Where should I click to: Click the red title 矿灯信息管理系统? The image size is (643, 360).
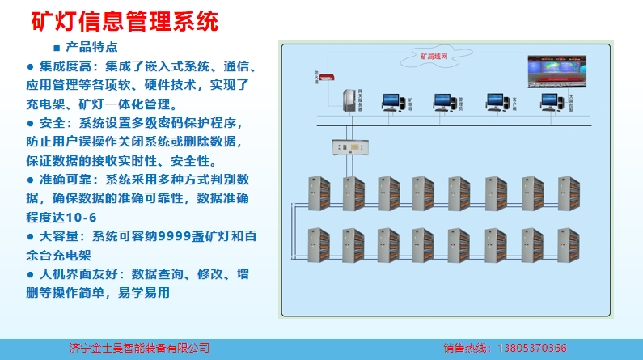pos(125,20)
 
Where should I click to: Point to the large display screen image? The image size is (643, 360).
pos(557,71)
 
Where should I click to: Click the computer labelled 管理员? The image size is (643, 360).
pos(442,101)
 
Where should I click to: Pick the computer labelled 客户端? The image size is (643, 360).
pos(496,101)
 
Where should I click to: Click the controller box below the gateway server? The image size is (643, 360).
pos(351,149)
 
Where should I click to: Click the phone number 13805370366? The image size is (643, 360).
pos(529,349)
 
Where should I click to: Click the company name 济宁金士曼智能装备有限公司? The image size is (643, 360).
pos(139,349)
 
